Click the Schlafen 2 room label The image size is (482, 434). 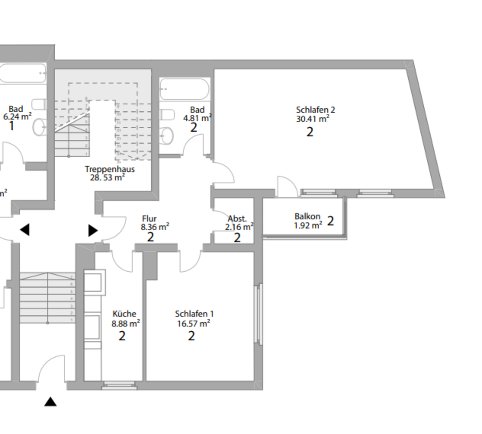[315, 110]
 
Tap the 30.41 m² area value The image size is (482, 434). [312, 119]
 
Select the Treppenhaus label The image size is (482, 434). [110, 169]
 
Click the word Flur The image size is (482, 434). [149, 219]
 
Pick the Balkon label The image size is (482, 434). [307, 216]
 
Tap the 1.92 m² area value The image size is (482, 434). [307, 225]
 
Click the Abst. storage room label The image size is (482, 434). [237, 219]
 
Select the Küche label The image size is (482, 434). [125, 314]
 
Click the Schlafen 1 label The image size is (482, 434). [194, 314]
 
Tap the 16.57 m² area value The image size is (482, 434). [193, 323]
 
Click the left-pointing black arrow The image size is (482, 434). [25, 230]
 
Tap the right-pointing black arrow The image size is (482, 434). [93, 230]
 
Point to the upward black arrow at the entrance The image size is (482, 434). [51, 401]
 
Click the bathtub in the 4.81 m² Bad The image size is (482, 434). [184, 90]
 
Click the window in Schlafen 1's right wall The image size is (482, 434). [259, 314]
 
